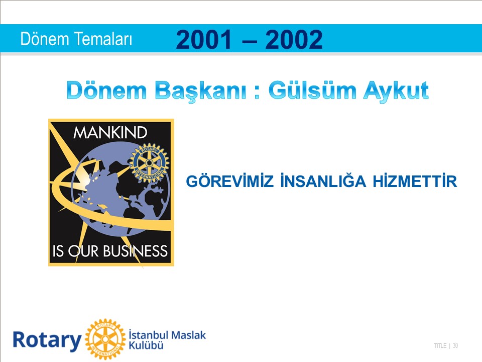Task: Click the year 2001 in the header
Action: point(203,39)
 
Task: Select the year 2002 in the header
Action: point(294,39)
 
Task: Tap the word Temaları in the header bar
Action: point(103,39)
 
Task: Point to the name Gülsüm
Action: point(312,90)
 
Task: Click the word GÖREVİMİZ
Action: point(229,181)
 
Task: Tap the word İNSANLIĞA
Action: point(323,181)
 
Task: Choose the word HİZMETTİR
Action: point(415,181)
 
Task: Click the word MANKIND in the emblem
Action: point(110,133)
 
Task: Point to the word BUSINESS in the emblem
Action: point(135,251)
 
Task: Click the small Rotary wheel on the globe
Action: point(149,163)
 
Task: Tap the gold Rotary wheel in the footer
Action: point(105,339)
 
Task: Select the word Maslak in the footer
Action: point(188,335)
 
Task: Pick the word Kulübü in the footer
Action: point(146,345)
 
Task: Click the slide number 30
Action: point(455,346)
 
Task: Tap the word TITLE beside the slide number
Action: point(440,346)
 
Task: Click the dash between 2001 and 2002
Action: point(249,41)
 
